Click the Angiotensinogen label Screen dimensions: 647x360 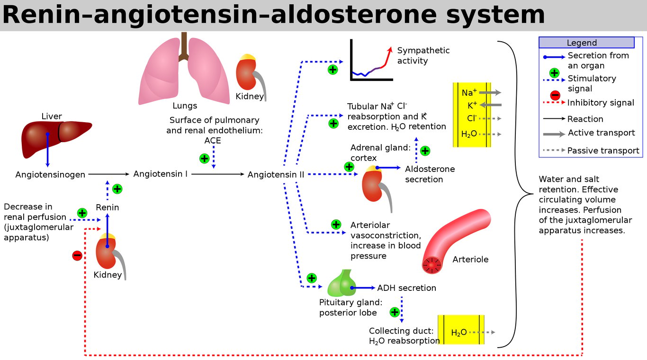tap(50, 175)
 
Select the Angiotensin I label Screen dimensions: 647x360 tap(160, 174)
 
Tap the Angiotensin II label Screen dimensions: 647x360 tap(276, 175)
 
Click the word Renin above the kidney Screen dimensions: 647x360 tap(108, 207)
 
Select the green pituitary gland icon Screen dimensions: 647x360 tap(341, 284)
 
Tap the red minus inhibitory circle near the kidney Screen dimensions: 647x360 tap(77, 255)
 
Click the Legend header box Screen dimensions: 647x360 tap(587, 43)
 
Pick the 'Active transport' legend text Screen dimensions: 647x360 tap(602, 133)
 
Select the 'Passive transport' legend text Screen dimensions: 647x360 tap(603, 151)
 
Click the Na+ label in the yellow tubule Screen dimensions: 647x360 tap(469, 92)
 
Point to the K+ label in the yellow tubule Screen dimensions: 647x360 tap(472, 106)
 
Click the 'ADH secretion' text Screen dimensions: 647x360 tap(407, 288)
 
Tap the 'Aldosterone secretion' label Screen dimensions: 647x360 tap(430, 174)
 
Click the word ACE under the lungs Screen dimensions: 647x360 tap(213, 141)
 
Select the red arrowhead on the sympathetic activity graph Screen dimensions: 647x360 tap(390, 50)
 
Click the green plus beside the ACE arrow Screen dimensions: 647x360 tap(205, 158)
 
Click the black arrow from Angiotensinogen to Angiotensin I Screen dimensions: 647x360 tap(109, 174)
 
